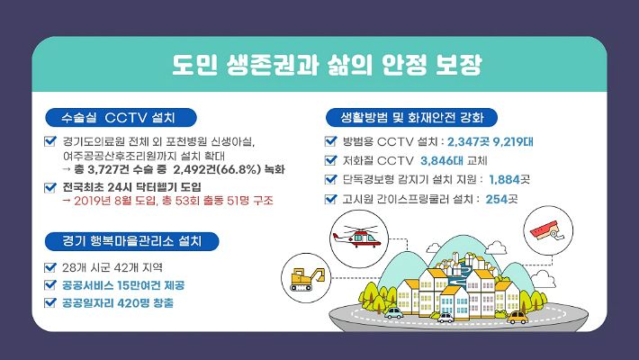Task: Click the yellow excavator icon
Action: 305,278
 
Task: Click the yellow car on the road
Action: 517,318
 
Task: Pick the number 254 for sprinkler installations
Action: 496,198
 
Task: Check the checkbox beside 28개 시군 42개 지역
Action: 50,267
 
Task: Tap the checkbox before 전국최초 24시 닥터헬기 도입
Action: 50,186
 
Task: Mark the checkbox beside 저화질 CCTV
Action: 331,160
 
